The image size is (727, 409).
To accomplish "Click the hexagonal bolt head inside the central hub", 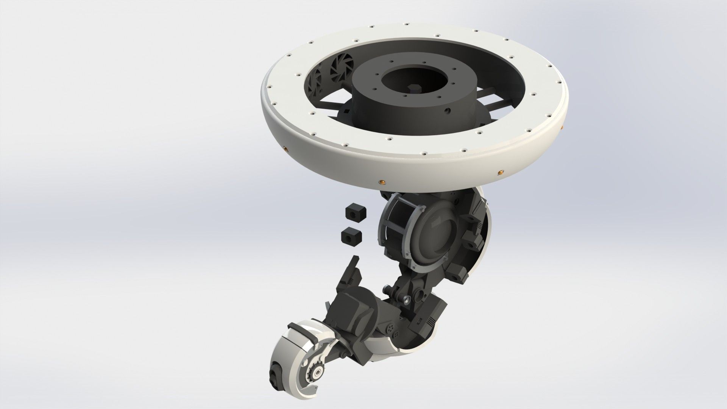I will click(x=414, y=89).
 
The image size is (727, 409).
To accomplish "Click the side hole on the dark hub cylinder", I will click(x=448, y=111).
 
